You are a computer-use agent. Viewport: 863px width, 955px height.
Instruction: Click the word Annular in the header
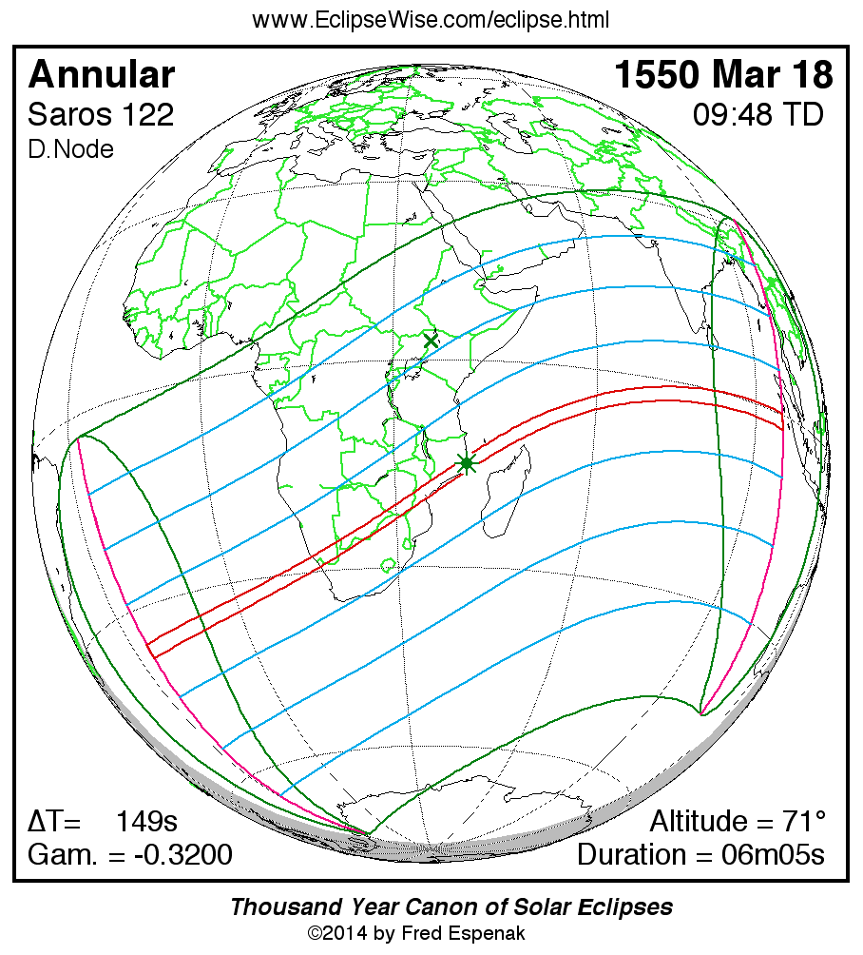click(102, 74)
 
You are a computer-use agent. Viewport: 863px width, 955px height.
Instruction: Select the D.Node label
click(70, 149)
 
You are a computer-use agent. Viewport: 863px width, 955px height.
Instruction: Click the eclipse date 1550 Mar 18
click(723, 74)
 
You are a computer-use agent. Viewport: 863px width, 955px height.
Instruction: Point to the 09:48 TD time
click(758, 115)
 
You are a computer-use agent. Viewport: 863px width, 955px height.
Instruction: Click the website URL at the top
click(431, 19)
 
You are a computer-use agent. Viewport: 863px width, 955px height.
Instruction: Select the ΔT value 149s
click(146, 821)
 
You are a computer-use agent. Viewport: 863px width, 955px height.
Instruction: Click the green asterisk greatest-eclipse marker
click(466, 463)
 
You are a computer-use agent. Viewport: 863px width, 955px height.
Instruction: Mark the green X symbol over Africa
click(431, 340)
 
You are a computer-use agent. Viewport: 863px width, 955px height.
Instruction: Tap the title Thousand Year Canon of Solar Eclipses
click(451, 906)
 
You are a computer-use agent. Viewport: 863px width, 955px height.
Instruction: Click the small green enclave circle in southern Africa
click(389, 564)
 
